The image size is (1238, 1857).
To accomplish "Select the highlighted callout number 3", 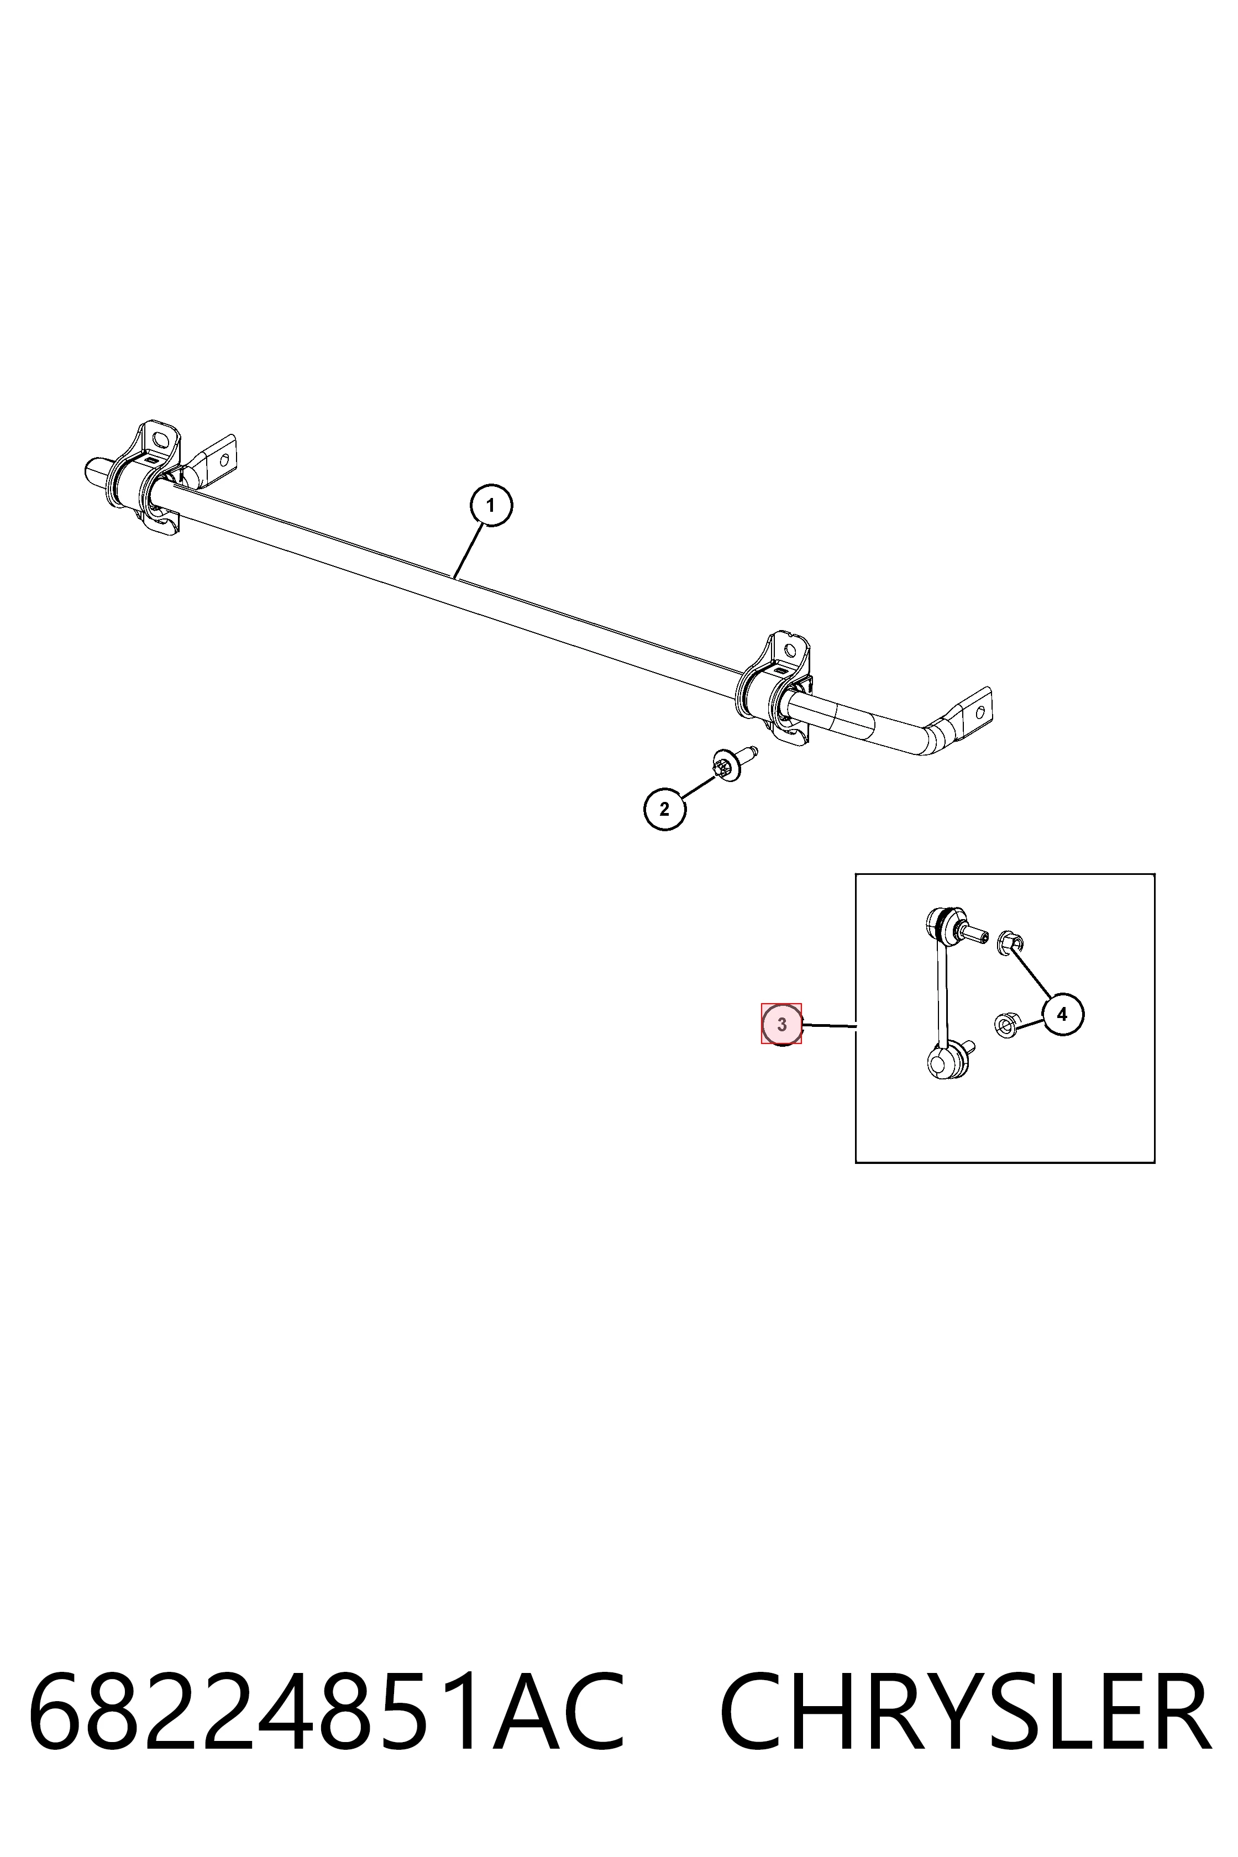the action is (x=781, y=1025).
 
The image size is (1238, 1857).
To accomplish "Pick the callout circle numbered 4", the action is (x=1062, y=1015).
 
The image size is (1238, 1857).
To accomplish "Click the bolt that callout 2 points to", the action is (x=733, y=763).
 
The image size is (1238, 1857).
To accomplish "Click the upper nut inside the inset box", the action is (x=1010, y=941).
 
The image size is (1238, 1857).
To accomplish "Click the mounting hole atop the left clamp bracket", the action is (x=160, y=439).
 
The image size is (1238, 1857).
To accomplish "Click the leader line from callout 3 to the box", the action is (x=829, y=1026).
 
